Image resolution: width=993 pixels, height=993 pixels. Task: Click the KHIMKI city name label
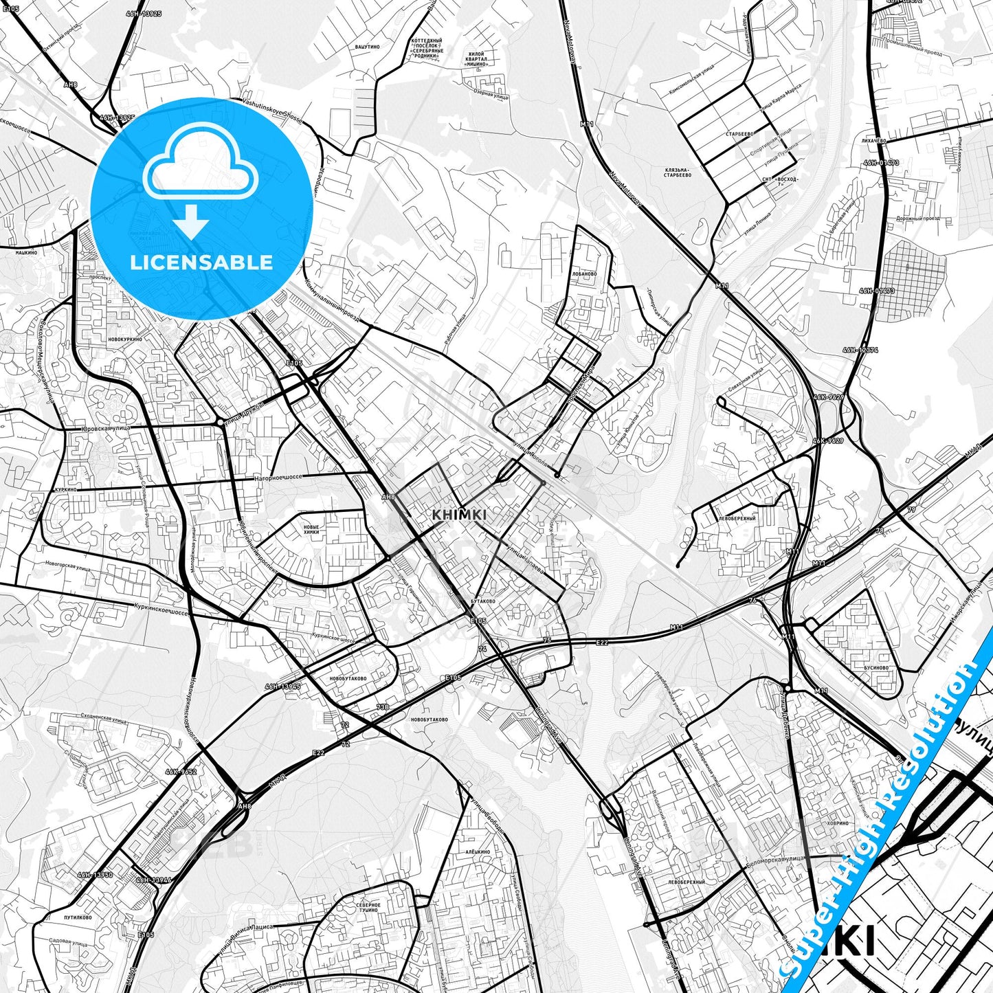pyautogui.click(x=460, y=515)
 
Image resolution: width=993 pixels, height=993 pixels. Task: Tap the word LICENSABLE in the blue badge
pyautogui.click(x=201, y=262)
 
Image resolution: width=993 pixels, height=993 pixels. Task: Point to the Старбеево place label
pyautogui.click(x=740, y=134)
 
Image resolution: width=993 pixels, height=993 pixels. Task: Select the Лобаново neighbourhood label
pyautogui.click(x=584, y=273)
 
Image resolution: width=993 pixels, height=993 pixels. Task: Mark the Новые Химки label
pyautogui.click(x=311, y=530)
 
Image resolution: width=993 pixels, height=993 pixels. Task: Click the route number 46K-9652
pyautogui.click(x=181, y=772)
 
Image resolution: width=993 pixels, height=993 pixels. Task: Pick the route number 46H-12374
pyautogui.click(x=860, y=350)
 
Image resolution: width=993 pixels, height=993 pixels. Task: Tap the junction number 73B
pyautogui.click(x=383, y=706)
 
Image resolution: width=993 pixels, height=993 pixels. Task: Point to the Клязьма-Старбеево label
pyautogui.click(x=678, y=172)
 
